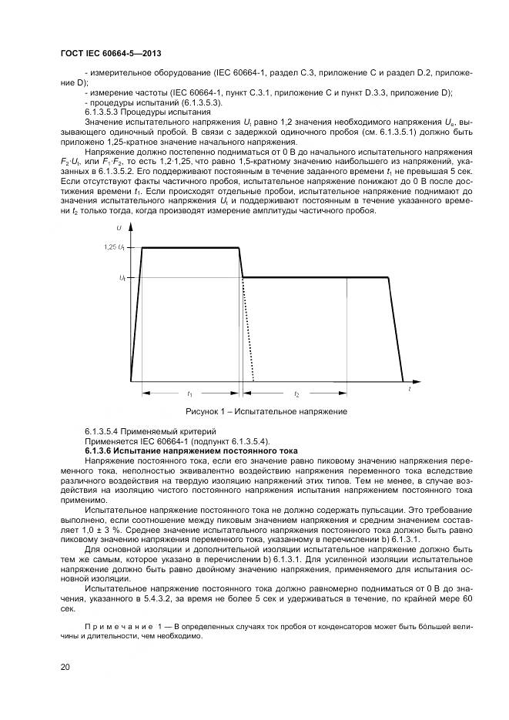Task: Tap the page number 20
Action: (x=65, y=666)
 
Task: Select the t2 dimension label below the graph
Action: (x=296, y=393)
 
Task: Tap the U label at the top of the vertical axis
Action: (x=119, y=227)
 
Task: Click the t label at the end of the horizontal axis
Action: (x=410, y=390)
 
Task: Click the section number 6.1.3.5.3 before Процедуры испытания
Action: (x=105, y=112)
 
